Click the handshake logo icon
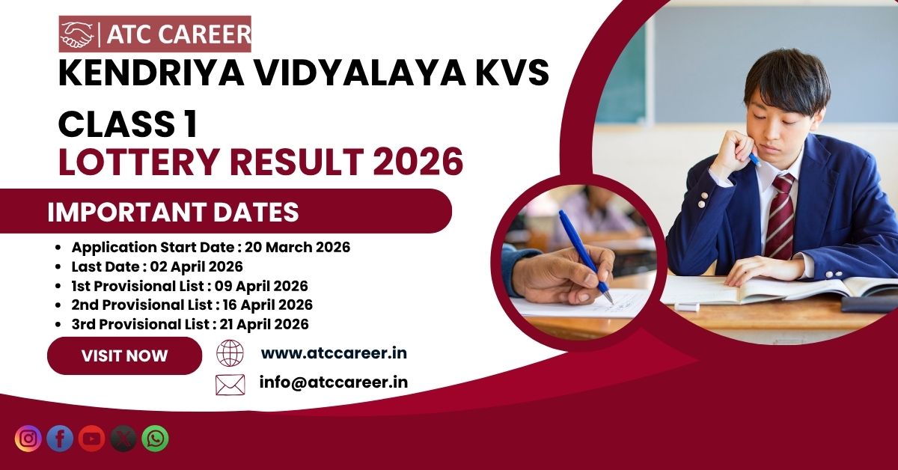(76, 34)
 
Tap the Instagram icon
(28, 439)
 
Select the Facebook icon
(60, 439)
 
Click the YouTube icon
(91, 439)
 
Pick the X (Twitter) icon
(123, 439)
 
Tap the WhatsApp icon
(155, 439)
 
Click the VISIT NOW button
(125, 355)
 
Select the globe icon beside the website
(230, 353)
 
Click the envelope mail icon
(230, 385)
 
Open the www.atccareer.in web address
(334, 353)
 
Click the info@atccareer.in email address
(334, 382)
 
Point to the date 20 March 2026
(298, 247)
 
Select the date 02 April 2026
(196, 266)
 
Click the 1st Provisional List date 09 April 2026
(261, 286)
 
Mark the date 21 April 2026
(264, 324)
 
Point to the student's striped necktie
(781, 216)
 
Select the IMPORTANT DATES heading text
(173, 212)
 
